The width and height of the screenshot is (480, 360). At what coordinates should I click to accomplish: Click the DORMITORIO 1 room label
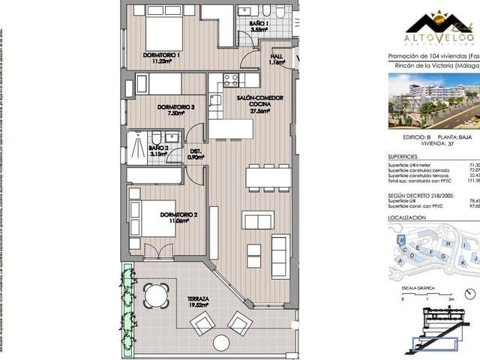[162, 55]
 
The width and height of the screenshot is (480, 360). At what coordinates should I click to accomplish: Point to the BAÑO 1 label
[258, 24]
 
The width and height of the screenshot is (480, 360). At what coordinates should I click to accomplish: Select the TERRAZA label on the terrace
[198, 298]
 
